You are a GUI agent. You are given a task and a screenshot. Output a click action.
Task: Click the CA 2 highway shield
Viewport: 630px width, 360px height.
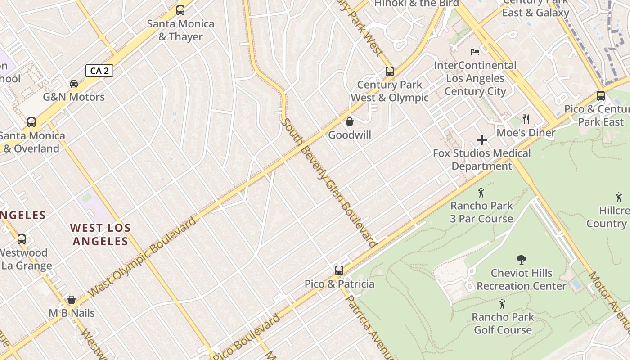pos(99,71)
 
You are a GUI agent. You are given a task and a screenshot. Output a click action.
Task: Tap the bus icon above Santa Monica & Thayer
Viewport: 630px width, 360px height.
pos(180,10)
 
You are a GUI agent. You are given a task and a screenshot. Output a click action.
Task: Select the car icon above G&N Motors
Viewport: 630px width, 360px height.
pos(74,84)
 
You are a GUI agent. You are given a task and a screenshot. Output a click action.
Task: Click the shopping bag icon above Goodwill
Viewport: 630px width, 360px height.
pos(350,121)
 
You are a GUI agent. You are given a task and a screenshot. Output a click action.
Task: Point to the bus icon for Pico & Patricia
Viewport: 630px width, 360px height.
pos(339,270)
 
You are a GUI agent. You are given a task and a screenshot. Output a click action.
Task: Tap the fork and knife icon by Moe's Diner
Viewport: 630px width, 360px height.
pos(526,119)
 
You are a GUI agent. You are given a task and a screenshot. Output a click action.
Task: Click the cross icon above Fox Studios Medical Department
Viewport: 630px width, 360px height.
pos(482,140)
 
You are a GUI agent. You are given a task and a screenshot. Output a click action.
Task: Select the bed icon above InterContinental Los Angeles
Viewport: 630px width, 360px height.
pos(475,52)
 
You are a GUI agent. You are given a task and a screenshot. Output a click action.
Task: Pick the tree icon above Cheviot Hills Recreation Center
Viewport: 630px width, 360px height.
pos(522,260)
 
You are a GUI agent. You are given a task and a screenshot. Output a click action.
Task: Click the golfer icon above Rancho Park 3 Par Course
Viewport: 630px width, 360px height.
pos(481,193)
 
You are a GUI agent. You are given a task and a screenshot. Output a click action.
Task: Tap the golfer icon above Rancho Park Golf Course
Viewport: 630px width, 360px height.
pos(502,304)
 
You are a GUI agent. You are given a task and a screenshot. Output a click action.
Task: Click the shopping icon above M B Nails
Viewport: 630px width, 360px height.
pos(72,300)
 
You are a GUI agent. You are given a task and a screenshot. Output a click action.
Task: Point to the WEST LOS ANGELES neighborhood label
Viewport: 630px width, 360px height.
pos(101,234)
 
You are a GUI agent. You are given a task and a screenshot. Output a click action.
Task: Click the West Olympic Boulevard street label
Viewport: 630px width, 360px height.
pos(143,256)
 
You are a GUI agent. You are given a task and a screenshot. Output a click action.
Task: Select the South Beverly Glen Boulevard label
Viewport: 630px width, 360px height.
pos(328,182)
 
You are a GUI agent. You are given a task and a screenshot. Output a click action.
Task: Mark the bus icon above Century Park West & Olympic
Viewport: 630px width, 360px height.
pos(390,72)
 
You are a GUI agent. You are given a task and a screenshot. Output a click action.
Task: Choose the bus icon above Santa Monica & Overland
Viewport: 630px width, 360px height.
pos(31,122)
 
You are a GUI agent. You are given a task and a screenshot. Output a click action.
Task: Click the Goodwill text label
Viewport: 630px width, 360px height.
pos(350,135)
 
